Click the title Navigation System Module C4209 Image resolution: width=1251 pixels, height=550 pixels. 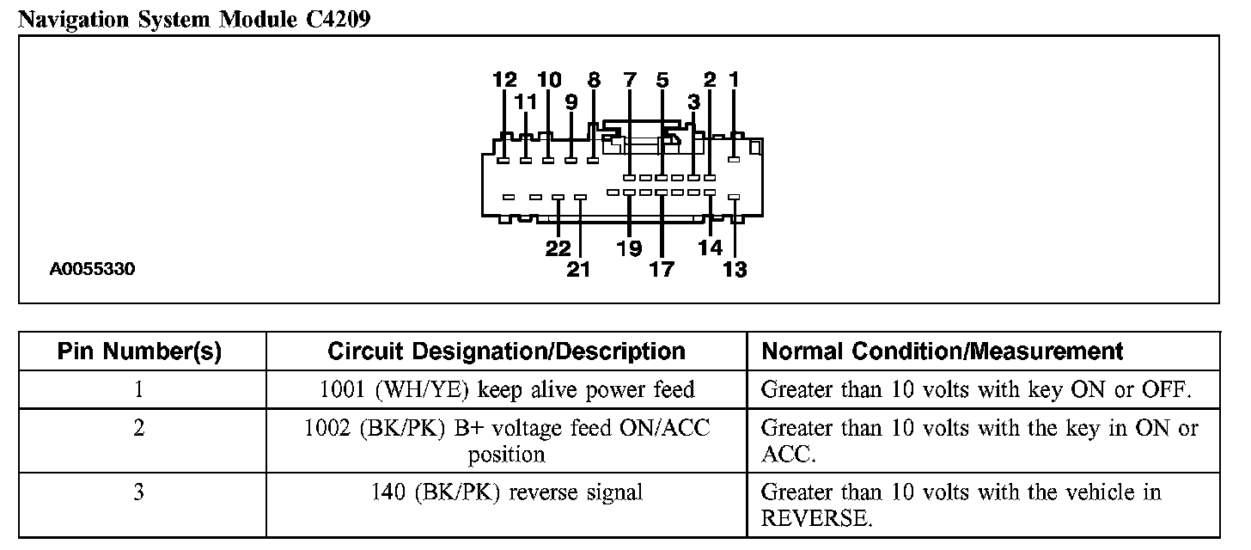194,18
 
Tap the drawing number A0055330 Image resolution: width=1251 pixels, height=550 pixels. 92,269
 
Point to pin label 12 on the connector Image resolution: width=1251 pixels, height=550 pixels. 504,81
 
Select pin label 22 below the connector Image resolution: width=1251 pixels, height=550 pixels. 558,248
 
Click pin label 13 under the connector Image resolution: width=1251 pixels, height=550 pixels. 735,270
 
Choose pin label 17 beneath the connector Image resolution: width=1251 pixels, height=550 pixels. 662,270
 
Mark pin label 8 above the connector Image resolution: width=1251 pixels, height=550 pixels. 594,81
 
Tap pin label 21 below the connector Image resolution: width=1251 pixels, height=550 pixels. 579,270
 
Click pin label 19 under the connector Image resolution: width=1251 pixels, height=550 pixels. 629,248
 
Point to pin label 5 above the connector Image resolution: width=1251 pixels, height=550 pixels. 662,81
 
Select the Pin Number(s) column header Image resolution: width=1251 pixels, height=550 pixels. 139,351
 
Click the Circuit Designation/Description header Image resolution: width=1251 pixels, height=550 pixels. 506,351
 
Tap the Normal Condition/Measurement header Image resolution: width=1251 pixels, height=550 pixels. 943,351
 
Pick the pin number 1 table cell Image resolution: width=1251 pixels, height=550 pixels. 139,390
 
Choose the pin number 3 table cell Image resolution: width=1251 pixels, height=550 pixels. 139,492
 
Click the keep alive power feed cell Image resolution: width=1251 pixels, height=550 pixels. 506,390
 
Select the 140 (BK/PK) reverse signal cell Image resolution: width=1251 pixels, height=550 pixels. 506,492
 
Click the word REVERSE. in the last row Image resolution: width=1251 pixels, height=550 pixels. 816,519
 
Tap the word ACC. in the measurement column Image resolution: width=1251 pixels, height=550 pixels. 785,455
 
